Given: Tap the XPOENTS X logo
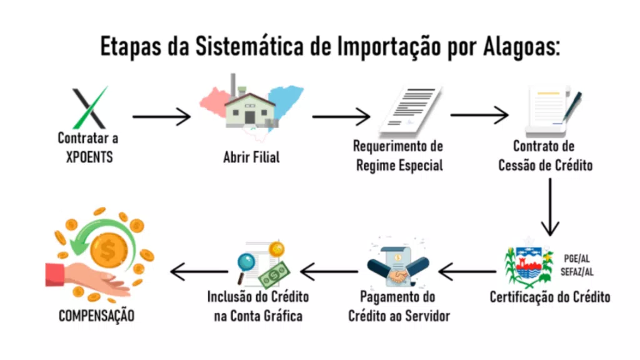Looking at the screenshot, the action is pos(90,107).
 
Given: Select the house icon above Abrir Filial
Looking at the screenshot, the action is pos(249,107).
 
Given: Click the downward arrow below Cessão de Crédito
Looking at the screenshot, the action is pos(550,207).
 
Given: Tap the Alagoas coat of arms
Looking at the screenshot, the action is pos(529,264).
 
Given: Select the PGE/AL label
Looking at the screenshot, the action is pos(576,258).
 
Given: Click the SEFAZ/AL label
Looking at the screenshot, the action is pos(577,272).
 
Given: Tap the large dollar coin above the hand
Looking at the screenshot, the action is pos(109,251).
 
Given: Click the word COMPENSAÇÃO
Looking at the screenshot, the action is pos(96,316).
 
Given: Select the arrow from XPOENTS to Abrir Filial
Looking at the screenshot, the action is pos(162,117).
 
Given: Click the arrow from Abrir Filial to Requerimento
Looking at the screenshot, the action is pos(341,117).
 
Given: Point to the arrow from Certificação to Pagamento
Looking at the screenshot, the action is pos(467,271).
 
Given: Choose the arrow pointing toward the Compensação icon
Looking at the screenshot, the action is pos(199,271).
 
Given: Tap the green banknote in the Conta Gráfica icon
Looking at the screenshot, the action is pos(274,275).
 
